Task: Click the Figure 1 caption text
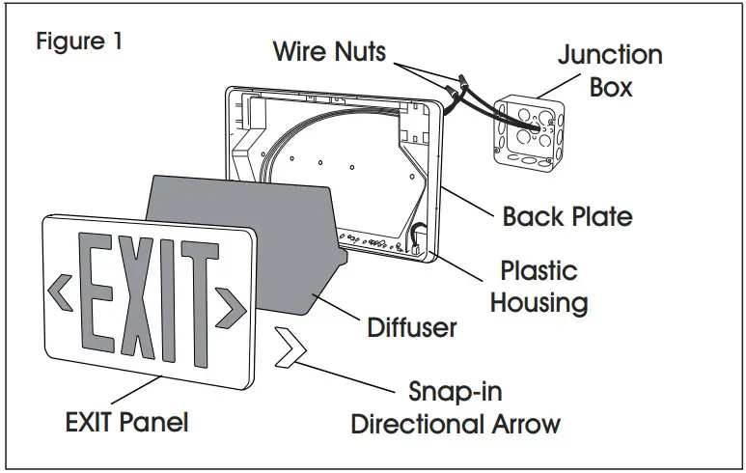(x=79, y=43)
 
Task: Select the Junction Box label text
(x=610, y=70)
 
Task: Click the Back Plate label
(x=567, y=215)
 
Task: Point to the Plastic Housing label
(x=539, y=287)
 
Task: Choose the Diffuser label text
(x=412, y=327)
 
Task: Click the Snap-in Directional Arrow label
(x=455, y=408)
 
